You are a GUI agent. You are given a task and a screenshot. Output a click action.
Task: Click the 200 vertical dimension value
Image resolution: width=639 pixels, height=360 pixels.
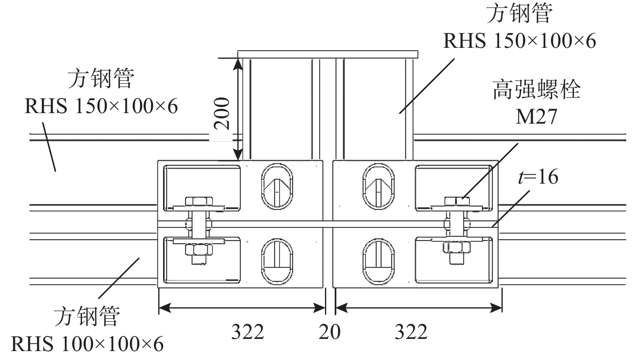pos(222,114)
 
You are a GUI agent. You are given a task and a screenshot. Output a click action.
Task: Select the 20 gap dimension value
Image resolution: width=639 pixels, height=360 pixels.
pos(329,332)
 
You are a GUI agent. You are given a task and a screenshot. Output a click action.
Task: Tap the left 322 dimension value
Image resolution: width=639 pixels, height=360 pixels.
pos(247,332)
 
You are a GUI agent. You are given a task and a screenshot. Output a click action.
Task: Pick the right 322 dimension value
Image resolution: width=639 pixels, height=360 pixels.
pos(411,332)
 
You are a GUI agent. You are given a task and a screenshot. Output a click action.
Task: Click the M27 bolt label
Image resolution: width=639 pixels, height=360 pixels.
pos(536,117)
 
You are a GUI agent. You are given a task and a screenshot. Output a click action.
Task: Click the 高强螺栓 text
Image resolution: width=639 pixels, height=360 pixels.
pos(536,90)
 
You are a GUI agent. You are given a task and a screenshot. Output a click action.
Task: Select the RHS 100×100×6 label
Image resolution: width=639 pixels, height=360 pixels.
pos(87,345)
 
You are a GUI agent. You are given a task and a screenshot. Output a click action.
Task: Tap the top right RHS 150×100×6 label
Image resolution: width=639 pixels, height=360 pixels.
pos(519,41)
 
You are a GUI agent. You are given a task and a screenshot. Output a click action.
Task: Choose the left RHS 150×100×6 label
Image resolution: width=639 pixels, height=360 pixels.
pos(101,107)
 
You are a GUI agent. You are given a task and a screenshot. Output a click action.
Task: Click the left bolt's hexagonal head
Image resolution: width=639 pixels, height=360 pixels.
pos(198,201)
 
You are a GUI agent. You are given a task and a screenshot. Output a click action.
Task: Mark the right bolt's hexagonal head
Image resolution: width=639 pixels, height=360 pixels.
pos(457,201)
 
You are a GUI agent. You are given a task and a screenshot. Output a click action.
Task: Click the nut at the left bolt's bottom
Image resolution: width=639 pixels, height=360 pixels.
pos(198,250)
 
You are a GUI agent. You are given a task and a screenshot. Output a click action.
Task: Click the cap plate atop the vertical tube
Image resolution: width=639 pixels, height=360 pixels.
pos(327,54)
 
